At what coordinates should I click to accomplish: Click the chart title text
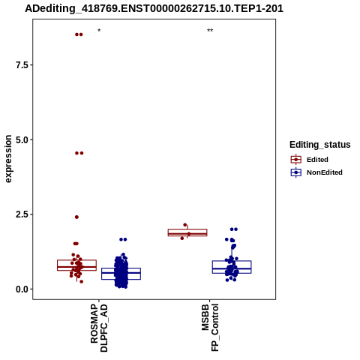154,8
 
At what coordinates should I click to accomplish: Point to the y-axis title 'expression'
8,159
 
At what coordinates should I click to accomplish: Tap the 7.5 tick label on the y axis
21,65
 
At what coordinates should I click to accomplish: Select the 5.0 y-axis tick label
21,139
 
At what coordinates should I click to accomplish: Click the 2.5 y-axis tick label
21,214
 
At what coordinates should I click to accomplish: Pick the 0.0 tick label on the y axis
21,289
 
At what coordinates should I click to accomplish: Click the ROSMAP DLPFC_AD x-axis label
99,328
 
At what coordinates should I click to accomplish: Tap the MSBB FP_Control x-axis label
210,328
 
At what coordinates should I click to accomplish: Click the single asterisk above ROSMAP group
99,31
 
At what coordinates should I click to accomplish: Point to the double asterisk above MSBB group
210,31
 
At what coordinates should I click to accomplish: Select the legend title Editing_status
320,145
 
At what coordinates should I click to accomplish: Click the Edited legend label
317,160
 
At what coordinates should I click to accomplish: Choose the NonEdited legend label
325,172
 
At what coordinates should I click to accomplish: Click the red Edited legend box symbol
296,160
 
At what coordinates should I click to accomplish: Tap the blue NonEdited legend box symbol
296,172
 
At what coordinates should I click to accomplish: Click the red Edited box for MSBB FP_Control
187,232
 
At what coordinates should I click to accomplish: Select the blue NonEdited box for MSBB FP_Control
232,267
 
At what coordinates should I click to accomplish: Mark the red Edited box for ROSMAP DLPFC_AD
76,265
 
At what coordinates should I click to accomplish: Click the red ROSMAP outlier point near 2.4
76,217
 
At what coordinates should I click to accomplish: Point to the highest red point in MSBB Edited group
185,225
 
